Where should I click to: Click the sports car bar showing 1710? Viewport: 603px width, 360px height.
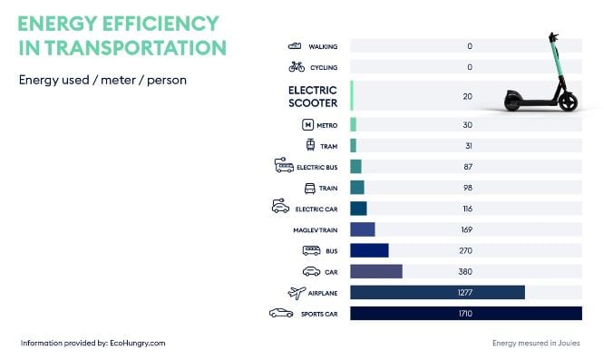[x=465, y=313]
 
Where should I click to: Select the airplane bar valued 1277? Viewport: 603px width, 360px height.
[x=437, y=292]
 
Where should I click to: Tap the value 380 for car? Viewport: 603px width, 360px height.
[x=466, y=271]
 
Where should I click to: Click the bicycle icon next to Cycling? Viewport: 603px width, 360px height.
[x=297, y=66]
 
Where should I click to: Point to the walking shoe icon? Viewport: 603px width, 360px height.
[x=295, y=45]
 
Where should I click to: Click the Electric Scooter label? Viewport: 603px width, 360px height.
[x=313, y=96]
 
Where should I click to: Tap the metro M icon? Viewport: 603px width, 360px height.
[x=307, y=124]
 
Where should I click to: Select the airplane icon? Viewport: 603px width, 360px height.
[x=297, y=292]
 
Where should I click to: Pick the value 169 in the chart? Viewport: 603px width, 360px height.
[x=466, y=229]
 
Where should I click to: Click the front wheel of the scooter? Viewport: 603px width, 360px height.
[x=568, y=101]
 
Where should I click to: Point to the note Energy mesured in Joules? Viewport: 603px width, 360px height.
[x=535, y=343]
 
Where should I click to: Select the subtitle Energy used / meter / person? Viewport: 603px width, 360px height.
[x=102, y=80]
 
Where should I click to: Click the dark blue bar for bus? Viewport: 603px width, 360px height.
[x=369, y=250]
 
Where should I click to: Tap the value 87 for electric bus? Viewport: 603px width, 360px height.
[x=466, y=166]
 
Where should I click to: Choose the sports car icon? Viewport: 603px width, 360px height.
[x=281, y=313]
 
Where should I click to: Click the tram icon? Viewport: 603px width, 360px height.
[x=310, y=145]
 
